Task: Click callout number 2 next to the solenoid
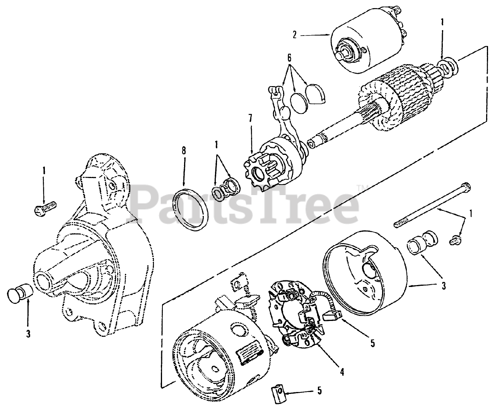pos(295,35)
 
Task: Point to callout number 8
pos(184,150)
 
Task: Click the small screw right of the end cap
pos(456,240)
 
